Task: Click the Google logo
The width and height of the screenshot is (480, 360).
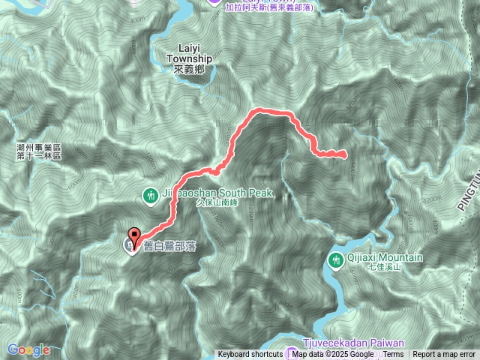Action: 28,349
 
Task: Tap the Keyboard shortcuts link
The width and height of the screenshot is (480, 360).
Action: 250,355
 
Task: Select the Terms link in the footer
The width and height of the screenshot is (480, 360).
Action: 393,355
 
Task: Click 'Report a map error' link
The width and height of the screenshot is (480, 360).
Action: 444,355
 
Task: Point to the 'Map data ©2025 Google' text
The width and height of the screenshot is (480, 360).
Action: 333,355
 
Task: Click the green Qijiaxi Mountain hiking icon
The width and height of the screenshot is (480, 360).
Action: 335,259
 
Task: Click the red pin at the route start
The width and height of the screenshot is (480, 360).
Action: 135,234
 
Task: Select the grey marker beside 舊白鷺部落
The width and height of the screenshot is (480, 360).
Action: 130,245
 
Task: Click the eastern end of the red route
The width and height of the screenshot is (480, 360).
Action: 344,155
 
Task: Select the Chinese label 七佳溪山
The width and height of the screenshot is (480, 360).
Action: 385,267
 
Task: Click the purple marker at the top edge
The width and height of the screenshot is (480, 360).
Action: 214,2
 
